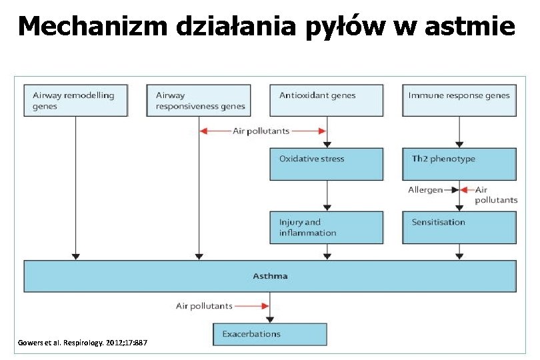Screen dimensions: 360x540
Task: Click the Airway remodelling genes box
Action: pyautogui.click(x=75, y=100)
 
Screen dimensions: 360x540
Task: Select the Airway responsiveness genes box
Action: pyautogui.click(x=199, y=100)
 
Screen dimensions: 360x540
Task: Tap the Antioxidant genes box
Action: pyautogui.click(x=326, y=100)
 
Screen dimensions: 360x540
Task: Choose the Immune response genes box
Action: pyautogui.click(x=459, y=100)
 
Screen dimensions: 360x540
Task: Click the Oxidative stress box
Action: pyautogui.click(x=326, y=164)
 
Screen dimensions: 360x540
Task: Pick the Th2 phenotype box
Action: pyautogui.click(x=459, y=164)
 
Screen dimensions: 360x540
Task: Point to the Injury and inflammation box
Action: pyautogui.click(x=326, y=227)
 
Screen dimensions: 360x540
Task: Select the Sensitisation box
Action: pyautogui.click(x=459, y=227)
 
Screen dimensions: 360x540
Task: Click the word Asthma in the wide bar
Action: pyautogui.click(x=270, y=275)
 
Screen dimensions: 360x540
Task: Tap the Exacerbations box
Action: pyautogui.click(x=270, y=334)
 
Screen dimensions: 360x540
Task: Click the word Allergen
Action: pyautogui.click(x=425, y=190)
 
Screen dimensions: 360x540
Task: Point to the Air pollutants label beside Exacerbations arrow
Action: pyautogui.click(x=204, y=306)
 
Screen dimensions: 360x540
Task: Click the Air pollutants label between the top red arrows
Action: pyautogui.click(x=261, y=131)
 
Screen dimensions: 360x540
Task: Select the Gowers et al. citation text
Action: pyautogui.click(x=83, y=343)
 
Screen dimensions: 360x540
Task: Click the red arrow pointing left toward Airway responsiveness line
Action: pyautogui.click(x=214, y=131)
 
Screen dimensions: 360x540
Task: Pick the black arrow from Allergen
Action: pyautogui.click(x=451, y=190)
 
